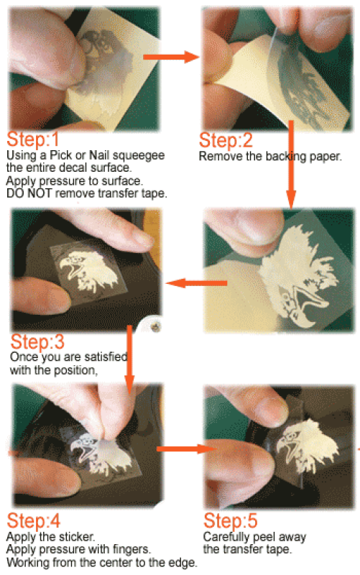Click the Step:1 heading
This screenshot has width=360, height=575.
[x=33, y=139]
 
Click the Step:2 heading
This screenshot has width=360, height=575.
[x=226, y=140]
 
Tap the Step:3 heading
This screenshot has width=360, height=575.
[x=37, y=342]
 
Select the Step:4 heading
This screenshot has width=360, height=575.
[x=34, y=520]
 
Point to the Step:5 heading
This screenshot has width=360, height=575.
[x=231, y=520]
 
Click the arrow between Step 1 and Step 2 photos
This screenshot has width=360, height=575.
[x=171, y=57]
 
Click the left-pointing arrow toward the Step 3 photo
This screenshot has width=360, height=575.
[x=196, y=282]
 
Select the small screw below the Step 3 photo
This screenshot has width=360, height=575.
[x=156, y=326]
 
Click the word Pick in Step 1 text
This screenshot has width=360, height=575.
[x=61, y=155]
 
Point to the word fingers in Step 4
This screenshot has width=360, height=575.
[x=131, y=550]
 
